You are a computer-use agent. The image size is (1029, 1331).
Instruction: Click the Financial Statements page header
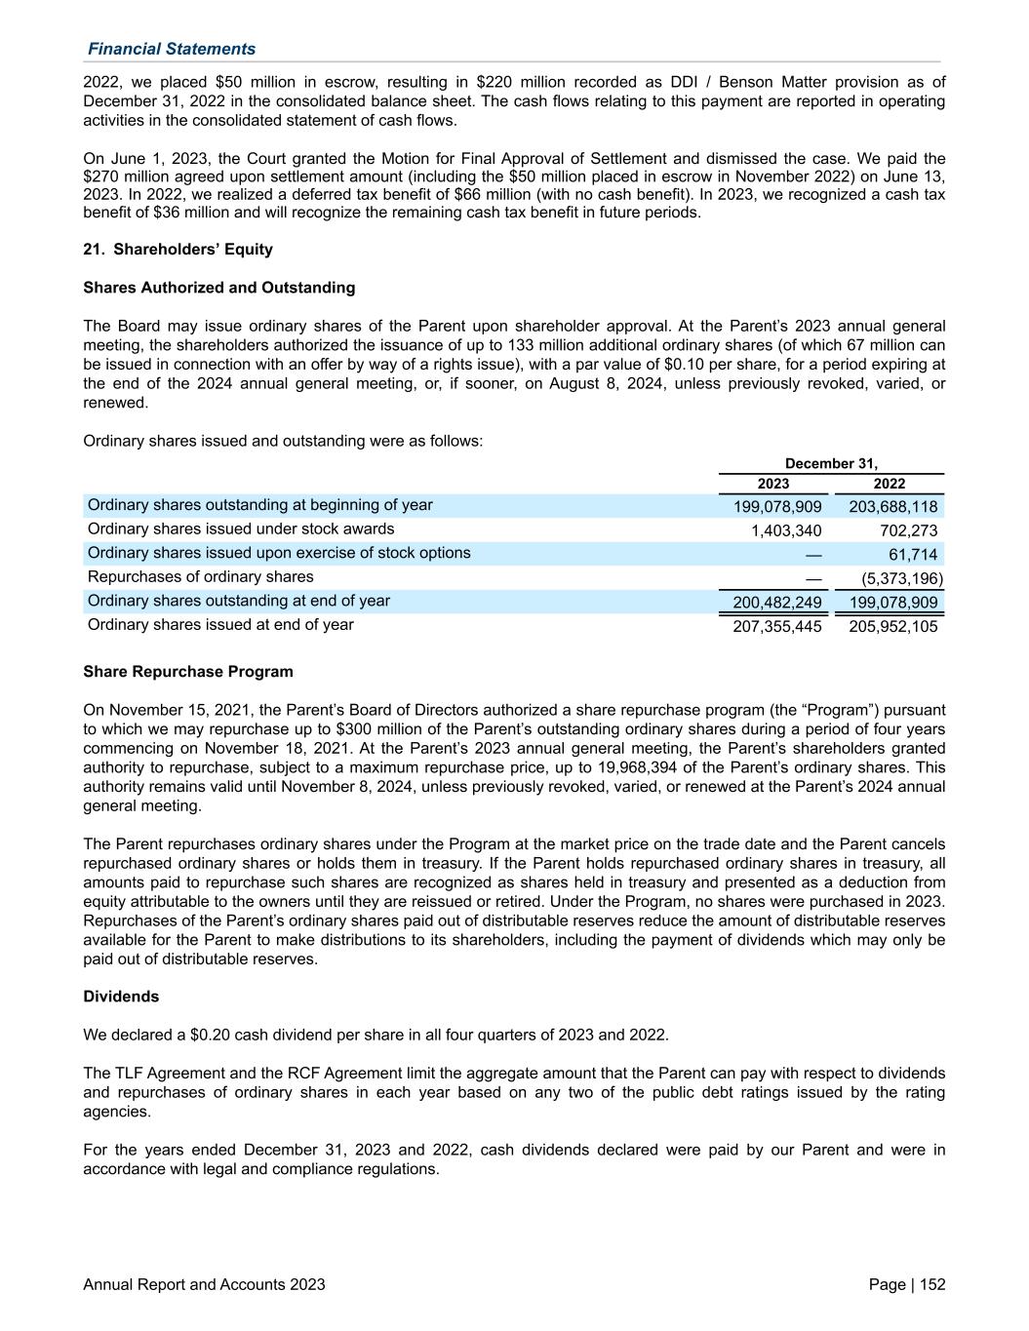pos(172,49)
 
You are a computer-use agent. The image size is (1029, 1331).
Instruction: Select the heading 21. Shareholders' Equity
pos(178,250)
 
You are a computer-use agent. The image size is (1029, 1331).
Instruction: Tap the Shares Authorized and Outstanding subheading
pos(219,288)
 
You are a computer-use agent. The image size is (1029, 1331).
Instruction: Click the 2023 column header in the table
pos(773,484)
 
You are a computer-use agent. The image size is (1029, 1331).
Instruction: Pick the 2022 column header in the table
pos(889,484)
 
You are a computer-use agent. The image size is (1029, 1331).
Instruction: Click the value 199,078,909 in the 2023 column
pos(777,507)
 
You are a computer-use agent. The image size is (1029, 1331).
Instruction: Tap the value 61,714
pos(914,555)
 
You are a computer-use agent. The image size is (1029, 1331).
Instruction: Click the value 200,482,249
pos(777,603)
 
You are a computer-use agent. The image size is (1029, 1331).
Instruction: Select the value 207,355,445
pos(777,626)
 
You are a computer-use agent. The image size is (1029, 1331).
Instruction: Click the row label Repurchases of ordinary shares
pos(201,577)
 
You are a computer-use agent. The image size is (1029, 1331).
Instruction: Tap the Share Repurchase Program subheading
pos(188,672)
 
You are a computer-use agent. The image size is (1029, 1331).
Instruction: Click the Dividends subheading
pos(121,997)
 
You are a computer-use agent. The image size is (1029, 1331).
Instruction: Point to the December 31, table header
pos(831,463)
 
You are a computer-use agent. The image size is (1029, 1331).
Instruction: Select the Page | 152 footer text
pos(906,1285)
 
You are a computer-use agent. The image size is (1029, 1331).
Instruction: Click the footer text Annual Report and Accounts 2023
pos(205,1285)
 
